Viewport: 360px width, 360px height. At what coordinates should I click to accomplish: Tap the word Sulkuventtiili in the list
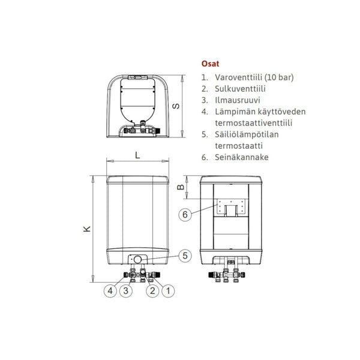pos(238,89)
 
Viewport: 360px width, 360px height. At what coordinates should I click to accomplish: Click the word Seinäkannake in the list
pos(239,157)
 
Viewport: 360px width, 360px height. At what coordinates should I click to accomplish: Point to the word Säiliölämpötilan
pos(244,134)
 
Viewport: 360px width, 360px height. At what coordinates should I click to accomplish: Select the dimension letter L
pos(137,155)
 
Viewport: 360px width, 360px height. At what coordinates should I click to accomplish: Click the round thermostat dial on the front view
pos(138,259)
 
